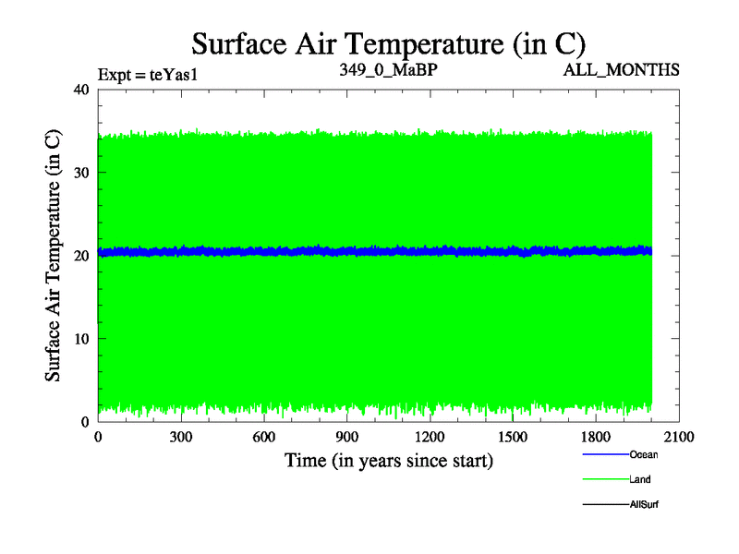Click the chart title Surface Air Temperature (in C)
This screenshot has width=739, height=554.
(388, 43)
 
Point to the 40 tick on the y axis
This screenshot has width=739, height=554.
(80, 90)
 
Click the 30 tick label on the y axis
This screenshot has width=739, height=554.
(80, 173)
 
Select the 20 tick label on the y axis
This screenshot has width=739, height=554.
(80, 256)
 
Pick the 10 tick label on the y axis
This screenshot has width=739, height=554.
(80, 339)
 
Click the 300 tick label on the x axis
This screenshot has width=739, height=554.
(181, 438)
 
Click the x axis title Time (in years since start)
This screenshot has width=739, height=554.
(388, 460)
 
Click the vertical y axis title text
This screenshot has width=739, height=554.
(54, 256)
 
